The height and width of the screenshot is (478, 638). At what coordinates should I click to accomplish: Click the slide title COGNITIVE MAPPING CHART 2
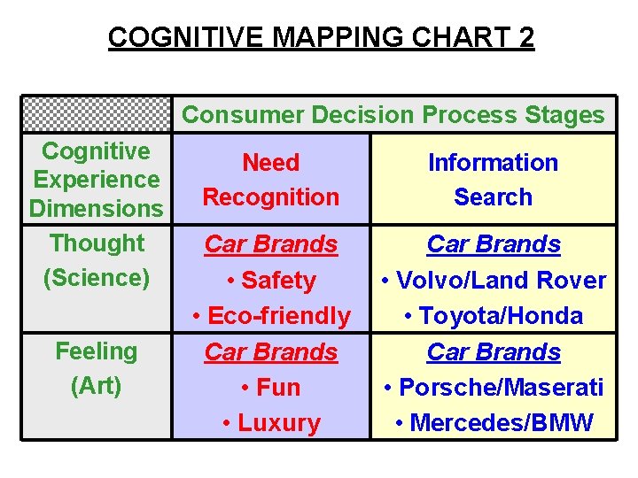[x=321, y=37]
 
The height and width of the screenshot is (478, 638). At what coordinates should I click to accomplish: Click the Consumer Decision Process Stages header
[x=393, y=114]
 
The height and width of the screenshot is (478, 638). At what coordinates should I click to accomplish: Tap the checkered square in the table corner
[x=96, y=114]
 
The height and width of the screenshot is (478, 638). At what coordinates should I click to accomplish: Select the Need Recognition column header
[x=270, y=180]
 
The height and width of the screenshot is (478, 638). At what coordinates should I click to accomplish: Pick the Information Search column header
[x=493, y=180]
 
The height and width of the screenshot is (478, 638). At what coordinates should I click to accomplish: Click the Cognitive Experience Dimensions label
[x=96, y=180]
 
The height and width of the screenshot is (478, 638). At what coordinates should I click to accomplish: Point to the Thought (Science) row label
[x=96, y=260]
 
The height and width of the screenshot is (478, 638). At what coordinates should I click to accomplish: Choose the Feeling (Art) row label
[x=96, y=368]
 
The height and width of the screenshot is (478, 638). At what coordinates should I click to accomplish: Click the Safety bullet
[x=271, y=281]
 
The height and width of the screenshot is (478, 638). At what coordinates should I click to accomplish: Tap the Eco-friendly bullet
[x=271, y=316]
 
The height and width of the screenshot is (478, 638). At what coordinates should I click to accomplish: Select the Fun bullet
[x=271, y=388]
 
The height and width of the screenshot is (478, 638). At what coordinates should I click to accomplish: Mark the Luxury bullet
[x=271, y=423]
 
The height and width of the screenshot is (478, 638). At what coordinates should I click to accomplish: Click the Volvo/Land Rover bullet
[x=493, y=281]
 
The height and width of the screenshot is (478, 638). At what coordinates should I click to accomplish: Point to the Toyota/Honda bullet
[x=493, y=316]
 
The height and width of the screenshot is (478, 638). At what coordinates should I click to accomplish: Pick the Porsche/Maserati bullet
[x=493, y=388]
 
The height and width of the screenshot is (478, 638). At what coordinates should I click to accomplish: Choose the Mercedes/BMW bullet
[x=493, y=423]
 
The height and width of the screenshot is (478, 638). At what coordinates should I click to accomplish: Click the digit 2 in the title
[x=526, y=37]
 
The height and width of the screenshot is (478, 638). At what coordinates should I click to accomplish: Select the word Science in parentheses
[x=96, y=278]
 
